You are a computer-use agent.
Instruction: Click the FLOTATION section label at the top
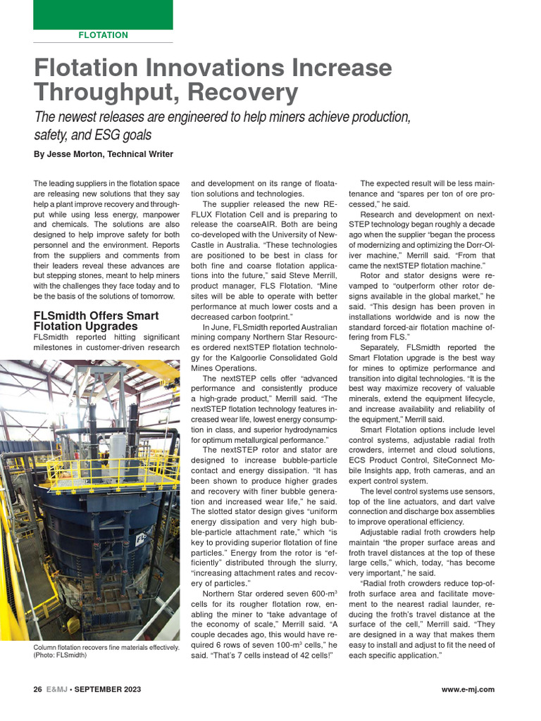[x=103, y=35]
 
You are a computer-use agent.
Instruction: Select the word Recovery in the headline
[x=243, y=92]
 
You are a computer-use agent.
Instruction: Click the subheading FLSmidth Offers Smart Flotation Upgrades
[x=96, y=321]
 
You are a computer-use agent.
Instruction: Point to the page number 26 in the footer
[x=38, y=689]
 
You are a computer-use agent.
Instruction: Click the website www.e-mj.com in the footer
[x=468, y=689]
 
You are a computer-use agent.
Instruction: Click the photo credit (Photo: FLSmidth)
[x=60, y=655]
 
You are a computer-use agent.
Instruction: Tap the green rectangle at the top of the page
[x=103, y=14]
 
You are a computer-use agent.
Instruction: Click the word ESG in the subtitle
[x=106, y=134]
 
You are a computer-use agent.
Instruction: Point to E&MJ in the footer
[x=58, y=689]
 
